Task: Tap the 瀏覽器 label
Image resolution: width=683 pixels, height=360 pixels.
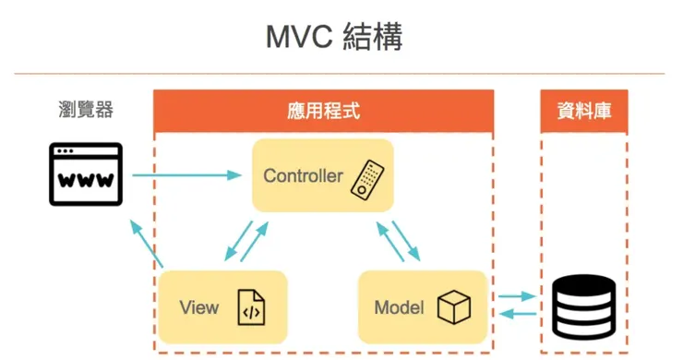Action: pos(85,110)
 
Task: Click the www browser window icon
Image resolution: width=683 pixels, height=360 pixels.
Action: pos(85,174)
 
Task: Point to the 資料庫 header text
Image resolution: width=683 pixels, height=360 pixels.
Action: pos(584,111)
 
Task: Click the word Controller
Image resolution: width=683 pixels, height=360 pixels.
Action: pos(303,175)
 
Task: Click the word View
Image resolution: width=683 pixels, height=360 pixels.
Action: pos(199,306)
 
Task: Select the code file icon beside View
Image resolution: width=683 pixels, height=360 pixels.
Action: pos(251,307)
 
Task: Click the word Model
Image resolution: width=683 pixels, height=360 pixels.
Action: pos(399,307)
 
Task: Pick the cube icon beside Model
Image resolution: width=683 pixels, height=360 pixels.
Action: pos(453,307)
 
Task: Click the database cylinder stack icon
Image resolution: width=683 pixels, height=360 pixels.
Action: pos(583,307)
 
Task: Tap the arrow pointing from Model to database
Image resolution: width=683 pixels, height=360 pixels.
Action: pos(515,296)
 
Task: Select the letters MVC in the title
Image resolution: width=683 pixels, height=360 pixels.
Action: pos(298,38)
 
